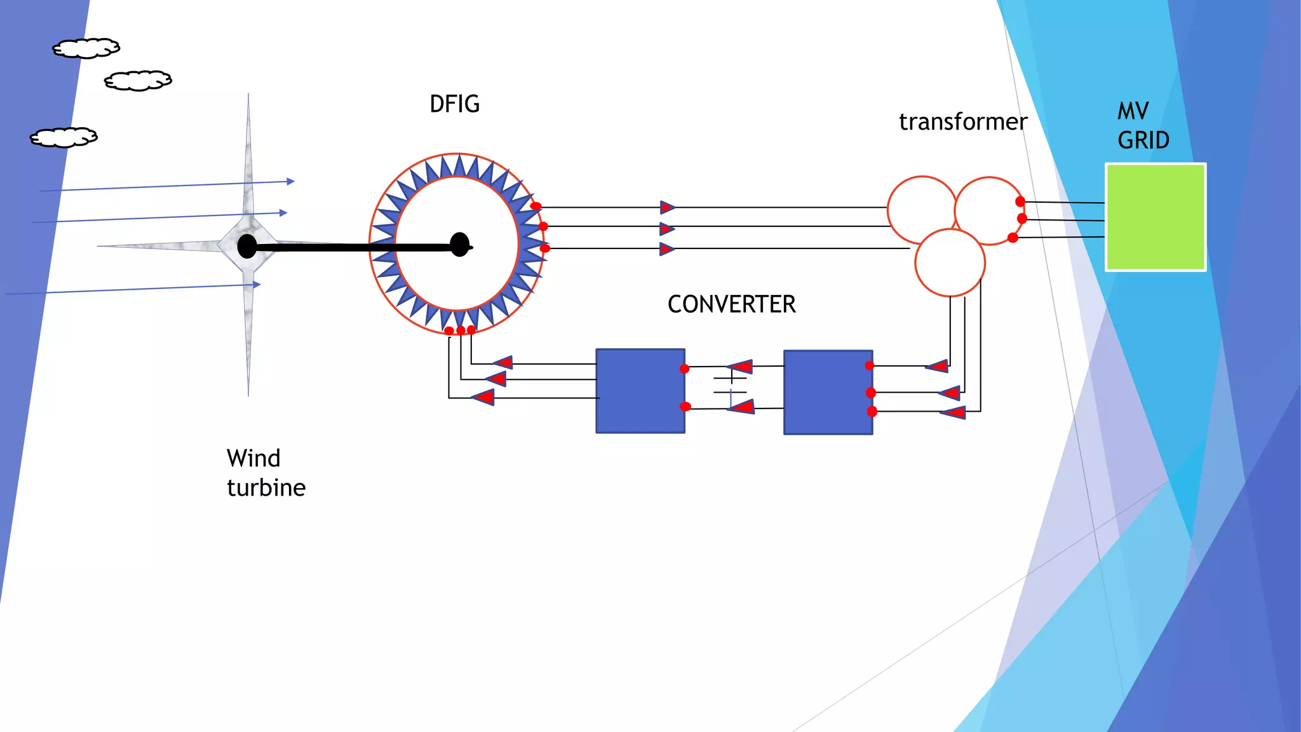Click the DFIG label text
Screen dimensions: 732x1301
coord(454,104)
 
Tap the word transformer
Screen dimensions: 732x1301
coord(962,122)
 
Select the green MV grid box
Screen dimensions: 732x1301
coord(1155,217)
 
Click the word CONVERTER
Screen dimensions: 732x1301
coord(731,304)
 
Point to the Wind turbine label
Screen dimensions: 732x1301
coord(266,473)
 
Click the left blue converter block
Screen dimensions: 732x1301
coord(640,391)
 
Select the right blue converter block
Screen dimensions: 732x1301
coord(828,392)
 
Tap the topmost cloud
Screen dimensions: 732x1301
coord(86,48)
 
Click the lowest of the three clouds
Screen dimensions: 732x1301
coord(64,137)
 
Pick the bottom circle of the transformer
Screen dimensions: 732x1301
coord(950,263)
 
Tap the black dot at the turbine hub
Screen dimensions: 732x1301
coord(246,246)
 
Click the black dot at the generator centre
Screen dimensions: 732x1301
coord(459,245)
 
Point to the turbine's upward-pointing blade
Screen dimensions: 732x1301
coord(248,159)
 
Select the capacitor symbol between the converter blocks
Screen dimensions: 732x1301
coord(731,385)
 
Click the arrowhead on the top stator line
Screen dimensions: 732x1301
coord(667,207)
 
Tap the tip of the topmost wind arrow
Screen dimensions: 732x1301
coord(292,181)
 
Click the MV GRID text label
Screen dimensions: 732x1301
coord(1142,126)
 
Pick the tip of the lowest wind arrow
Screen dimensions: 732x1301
coord(258,284)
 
